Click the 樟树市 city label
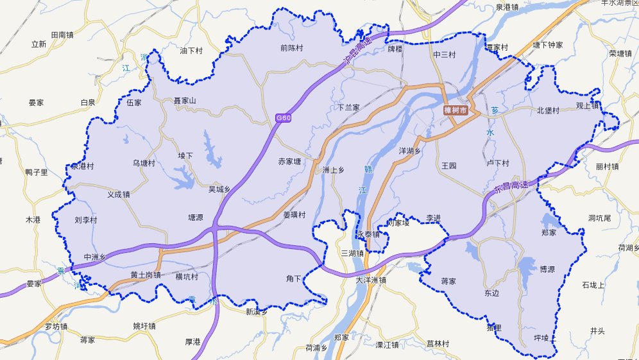(456, 110)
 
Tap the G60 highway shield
(283, 117)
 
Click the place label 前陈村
(291, 47)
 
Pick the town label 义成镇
(119, 194)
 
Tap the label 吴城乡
(219, 189)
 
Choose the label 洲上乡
(333, 170)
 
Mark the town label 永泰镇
(369, 234)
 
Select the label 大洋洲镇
(371, 280)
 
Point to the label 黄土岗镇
(146, 275)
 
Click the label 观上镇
(587, 106)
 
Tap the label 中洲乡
(94, 257)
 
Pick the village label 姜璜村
(294, 214)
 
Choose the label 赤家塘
(289, 162)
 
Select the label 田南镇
(62, 35)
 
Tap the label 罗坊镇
(55, 326)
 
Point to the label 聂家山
(185, 101)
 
